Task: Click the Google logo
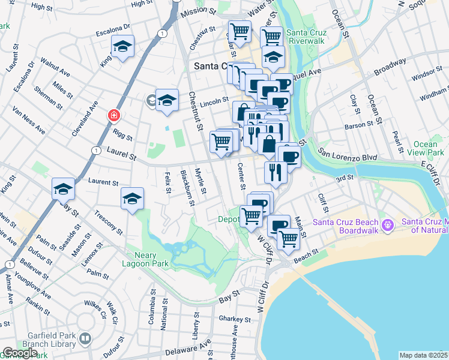19,353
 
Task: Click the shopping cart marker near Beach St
288,238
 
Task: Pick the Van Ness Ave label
29,120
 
